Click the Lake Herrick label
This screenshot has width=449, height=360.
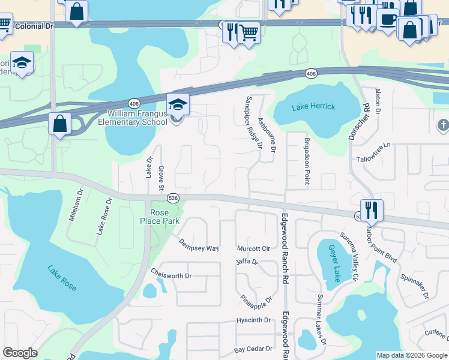coord(313,107)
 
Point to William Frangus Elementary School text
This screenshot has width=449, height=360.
coord(137,118)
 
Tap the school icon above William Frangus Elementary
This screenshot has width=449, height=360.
coord(178,104)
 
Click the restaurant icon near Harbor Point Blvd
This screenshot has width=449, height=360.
coord(372,209)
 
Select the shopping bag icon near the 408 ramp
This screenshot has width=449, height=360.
coord(59,124)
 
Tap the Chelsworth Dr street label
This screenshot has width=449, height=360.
coord(171,275)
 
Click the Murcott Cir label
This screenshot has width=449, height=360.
coord(253,248)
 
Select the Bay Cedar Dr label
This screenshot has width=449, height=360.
coord(253,349)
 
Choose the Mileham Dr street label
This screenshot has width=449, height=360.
coord(75,208)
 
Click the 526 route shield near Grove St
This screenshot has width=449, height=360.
coord(173,197)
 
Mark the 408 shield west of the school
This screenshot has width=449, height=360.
coord(134,103)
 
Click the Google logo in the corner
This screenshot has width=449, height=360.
coord(20,353)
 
